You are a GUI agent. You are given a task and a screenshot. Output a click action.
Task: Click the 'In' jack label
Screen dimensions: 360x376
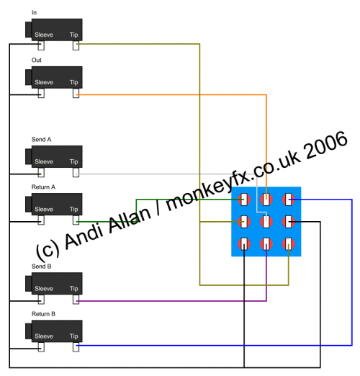pos(34,12)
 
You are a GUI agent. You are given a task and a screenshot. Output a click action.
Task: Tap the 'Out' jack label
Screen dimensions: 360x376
pos(37,60)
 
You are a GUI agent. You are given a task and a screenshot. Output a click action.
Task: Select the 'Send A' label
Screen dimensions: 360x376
pos(42,139)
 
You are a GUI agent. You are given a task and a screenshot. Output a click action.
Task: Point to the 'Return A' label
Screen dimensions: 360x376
pos(43,187)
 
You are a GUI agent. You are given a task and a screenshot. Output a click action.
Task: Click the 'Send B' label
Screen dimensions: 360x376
pos(42,267)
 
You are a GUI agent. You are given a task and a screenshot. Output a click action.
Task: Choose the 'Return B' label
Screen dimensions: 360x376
pos(43,314)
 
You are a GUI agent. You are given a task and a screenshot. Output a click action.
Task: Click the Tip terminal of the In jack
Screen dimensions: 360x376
pos(76,45)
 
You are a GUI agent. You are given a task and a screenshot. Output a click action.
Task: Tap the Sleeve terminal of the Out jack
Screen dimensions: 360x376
pos(41,93)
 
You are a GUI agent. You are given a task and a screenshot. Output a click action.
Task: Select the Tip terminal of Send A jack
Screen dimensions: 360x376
pos(76,172)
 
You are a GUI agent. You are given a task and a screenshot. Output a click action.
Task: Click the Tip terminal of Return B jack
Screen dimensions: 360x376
pos(76,347)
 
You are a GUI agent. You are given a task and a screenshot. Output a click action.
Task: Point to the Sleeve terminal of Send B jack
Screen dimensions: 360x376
pos(41,300)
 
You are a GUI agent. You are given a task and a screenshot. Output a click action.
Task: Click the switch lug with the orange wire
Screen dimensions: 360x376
pos(266,200)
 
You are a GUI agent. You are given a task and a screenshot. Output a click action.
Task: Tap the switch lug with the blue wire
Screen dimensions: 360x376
pos(289,200)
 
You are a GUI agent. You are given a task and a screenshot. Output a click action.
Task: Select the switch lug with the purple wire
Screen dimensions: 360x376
pos(266,243)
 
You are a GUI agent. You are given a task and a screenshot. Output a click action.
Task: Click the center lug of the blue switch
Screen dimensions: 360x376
pos(266,222)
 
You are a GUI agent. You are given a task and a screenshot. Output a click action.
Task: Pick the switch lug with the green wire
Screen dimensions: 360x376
pos(244,200)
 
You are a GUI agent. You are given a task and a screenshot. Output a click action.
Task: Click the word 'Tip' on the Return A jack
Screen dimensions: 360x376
pos(74,209)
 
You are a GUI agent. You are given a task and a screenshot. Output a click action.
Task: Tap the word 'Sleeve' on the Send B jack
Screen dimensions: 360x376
pos(44,288)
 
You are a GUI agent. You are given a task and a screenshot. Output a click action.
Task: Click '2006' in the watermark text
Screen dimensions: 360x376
pos(325,146)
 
